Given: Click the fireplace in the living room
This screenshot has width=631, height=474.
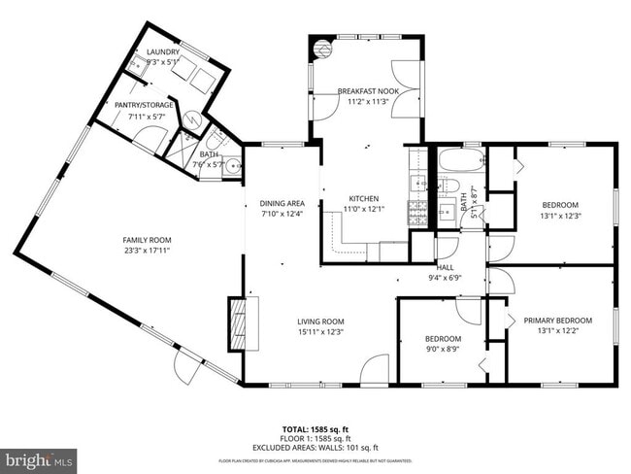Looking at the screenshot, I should point(237,322).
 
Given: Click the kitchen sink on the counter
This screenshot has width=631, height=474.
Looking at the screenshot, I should point(418,182).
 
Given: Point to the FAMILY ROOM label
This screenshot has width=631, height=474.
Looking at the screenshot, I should point(147,240).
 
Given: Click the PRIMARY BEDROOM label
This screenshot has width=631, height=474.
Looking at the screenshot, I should point(557,321).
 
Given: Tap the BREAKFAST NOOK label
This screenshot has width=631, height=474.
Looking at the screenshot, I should point(363,90).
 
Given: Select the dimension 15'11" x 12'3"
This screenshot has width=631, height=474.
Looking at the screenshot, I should point(320,332).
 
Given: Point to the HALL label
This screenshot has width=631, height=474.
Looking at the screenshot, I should point(445,267).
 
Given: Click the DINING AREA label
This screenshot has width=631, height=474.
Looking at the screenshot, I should point(282,203).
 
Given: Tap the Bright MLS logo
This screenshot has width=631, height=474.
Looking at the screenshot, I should point(39,457).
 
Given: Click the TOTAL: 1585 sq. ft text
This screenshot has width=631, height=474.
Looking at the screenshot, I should point(315,428).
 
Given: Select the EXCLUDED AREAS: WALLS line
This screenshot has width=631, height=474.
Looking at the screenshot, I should point(315,448).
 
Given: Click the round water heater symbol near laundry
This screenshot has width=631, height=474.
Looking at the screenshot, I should point(194,119).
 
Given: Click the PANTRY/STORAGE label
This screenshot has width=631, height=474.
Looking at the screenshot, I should point(145,105).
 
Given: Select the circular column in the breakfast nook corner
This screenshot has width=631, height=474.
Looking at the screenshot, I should point(320,45).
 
